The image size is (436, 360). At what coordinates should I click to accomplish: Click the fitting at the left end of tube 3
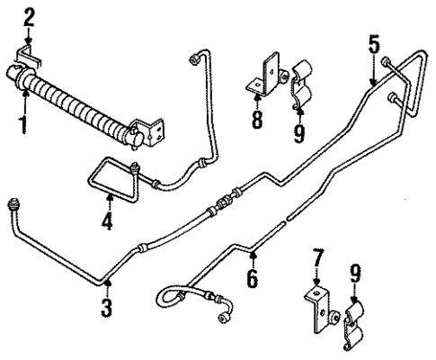point(13,204)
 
